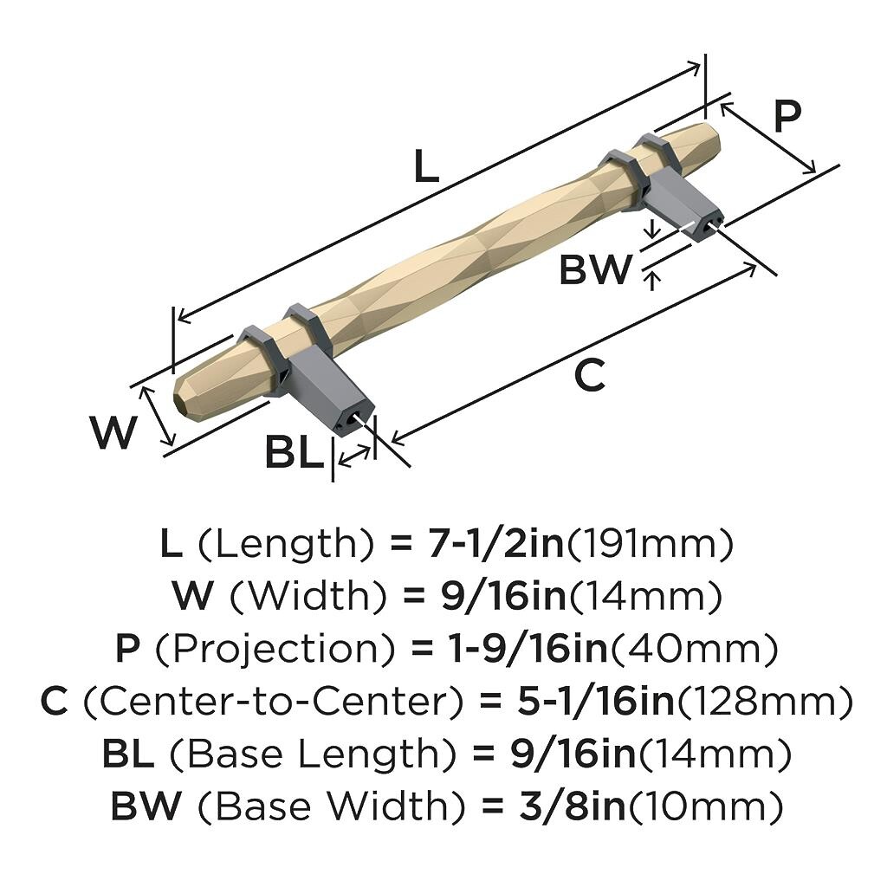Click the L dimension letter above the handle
point(426,166)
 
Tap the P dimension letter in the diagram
point(787,116)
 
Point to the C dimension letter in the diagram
point(589,375)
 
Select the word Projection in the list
point(275,649)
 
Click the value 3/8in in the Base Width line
point(572,806)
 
